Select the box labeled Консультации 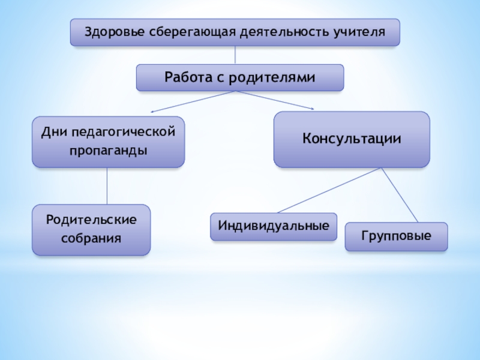point(352,139)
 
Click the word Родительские point(91,220)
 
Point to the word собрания point(91,238)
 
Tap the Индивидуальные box point(274,226)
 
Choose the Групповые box point(396,236)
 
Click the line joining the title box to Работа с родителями point(235,55)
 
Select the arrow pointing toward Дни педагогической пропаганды point(192,102)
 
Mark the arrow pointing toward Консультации point(276,101)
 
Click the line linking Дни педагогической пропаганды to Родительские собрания point(107,186)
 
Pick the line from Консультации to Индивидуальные point(330,190)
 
